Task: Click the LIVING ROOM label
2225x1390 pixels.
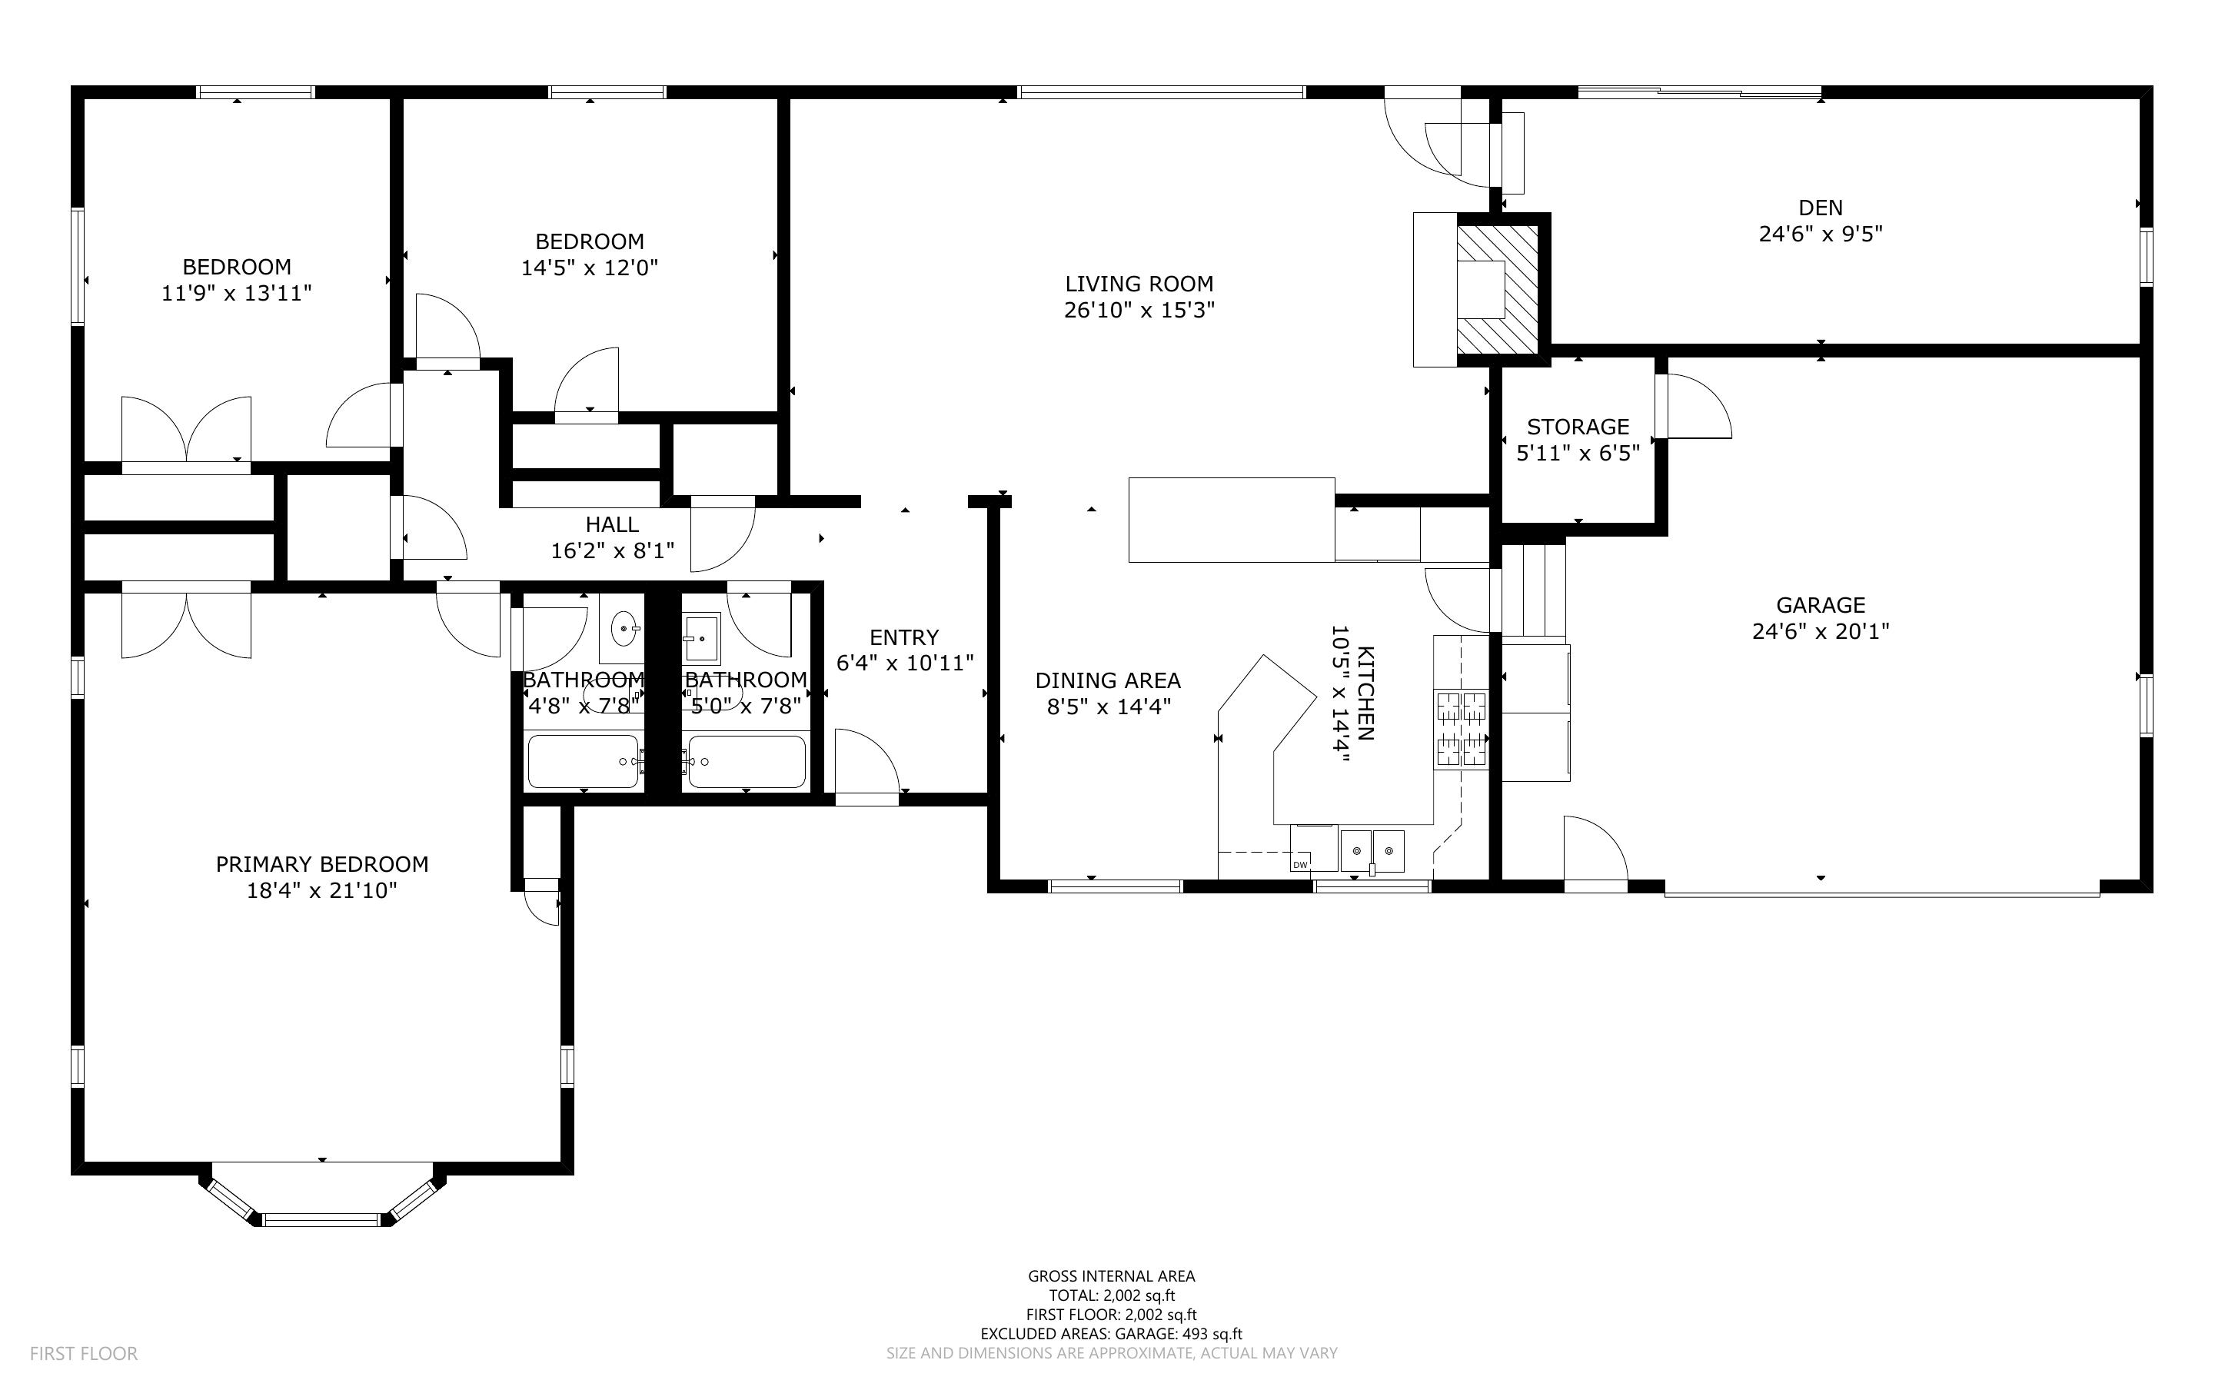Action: point(1139,284)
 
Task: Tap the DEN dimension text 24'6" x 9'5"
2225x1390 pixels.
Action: point(1820,234)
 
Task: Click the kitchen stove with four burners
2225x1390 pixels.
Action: point(1460,729)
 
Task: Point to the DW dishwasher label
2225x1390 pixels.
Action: point(1299,865)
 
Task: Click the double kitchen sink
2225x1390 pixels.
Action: point(1372,850)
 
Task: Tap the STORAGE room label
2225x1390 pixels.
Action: point(1578,427)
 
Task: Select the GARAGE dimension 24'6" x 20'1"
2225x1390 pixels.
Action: point(1820,631)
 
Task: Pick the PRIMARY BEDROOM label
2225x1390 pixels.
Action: point(321,864)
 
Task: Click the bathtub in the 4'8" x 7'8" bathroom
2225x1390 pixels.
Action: point(584,761)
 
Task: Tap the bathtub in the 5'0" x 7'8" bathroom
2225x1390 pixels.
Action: point(747,761)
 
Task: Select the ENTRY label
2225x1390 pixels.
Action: point(903,637)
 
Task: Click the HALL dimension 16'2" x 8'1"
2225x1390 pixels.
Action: point(612,550)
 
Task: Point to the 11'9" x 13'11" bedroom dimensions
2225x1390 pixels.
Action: point(237,293)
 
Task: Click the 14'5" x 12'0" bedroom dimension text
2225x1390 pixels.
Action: point(589,268)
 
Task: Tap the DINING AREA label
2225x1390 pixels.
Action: point(1107,680)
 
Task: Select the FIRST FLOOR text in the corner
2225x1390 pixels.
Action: point(84,1353)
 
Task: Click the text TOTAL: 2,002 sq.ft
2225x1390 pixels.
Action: point(1111,1295)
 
